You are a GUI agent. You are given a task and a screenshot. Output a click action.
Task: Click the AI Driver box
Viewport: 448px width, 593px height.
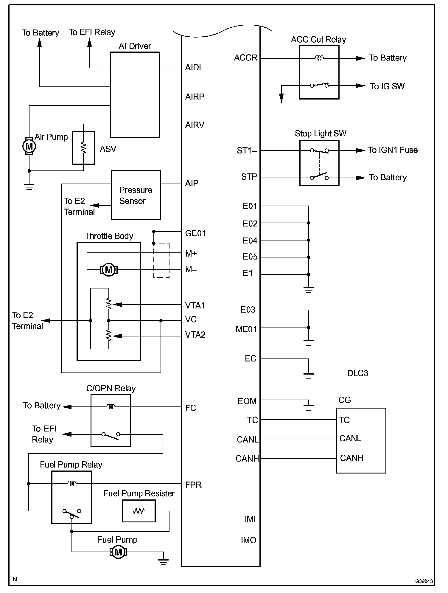[135, 95]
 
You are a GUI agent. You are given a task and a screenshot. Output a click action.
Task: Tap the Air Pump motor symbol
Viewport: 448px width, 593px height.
[29, 146]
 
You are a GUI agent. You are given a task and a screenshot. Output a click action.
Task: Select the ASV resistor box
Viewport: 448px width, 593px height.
[83, 148]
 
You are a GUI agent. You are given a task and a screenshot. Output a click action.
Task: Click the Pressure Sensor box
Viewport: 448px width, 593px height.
[136, 195]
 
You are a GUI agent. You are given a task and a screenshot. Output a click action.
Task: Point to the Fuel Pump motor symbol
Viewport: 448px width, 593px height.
[118, 552]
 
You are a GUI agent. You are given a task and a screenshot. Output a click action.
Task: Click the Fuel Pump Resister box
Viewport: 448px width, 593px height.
[139, 511]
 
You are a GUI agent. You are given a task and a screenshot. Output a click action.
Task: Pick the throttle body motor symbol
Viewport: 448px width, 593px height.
[109, 270]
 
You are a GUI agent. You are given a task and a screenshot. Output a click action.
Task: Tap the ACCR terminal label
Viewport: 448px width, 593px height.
[245, 58]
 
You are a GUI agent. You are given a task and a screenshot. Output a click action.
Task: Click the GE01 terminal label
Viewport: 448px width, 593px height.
[195, 233]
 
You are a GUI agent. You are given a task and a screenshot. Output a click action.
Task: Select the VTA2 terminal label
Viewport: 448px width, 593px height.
[195, 335]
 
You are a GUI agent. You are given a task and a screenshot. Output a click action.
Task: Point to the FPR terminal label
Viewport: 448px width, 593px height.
[193, 485]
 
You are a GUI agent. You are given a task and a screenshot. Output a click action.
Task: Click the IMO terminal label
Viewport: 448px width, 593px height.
[248, 540]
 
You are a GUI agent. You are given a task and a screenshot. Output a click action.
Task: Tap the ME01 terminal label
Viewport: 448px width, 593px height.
[246, 329]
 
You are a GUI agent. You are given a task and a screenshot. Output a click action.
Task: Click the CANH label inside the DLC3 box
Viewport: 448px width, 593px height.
[352, 458]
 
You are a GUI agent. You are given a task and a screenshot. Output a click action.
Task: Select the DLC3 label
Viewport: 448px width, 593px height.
[358, 373]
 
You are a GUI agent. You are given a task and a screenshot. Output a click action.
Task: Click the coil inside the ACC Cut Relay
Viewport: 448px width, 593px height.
[319, 58]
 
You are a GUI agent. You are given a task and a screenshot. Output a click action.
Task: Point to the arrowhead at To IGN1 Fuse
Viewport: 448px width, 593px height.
[361, 150]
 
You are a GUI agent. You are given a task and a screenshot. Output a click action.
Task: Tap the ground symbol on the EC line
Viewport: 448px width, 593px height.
[309, 375]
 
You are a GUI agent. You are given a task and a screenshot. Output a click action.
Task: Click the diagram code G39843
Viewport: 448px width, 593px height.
[424, 581]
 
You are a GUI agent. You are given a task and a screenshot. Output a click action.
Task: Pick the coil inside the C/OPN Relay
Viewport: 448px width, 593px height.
[111, 406]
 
